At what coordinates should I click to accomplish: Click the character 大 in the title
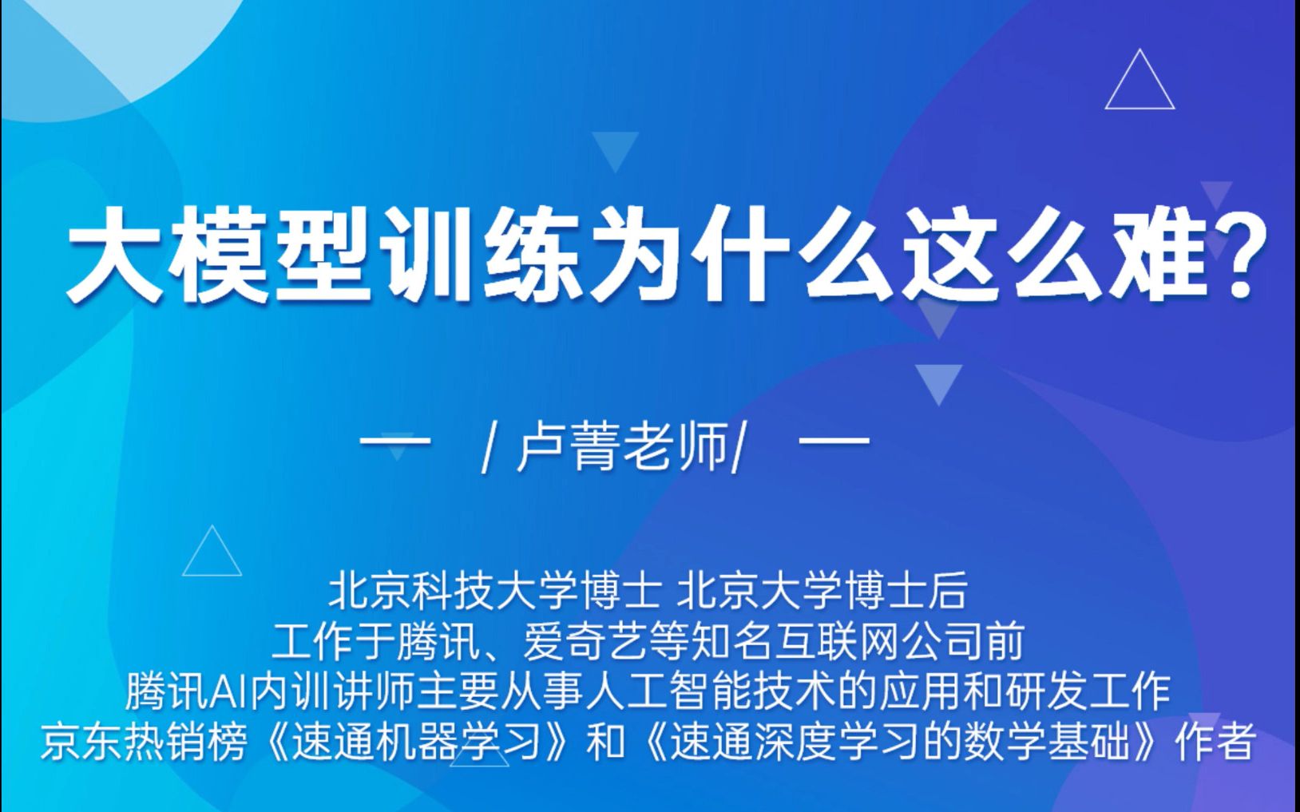tap(116, 253)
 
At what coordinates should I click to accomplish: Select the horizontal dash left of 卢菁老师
tap(394, 440)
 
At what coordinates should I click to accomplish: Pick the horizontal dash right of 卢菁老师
tap(834, 440)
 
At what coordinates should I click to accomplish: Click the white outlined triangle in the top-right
tap(1139, 84)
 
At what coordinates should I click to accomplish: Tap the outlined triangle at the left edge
tap(212, 555)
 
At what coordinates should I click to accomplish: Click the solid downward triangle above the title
tap(615, 149)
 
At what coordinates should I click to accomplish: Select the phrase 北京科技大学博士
tap(495, 592)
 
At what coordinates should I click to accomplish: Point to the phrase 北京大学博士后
tap(822, 592)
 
